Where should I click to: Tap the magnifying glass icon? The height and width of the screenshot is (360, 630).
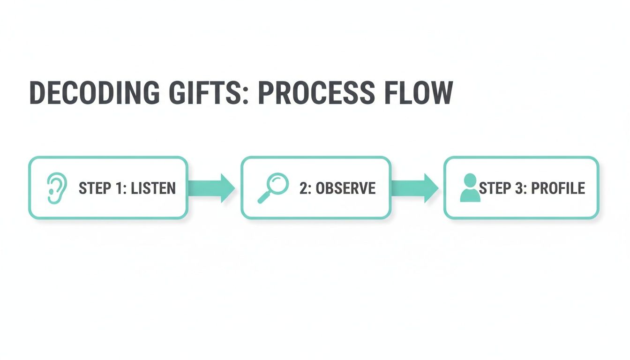point(273,188)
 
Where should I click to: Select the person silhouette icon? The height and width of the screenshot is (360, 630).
point(470,188)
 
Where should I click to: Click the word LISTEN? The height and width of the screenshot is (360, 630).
point(153,188)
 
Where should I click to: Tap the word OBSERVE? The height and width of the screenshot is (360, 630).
point(345,188)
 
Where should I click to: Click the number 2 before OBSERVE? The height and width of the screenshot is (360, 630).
point(303,188)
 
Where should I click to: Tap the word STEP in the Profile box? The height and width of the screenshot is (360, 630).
point(495,188)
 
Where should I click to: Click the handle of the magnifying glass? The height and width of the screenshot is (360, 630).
point(263,198)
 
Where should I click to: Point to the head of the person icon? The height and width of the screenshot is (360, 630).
point(470,180)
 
